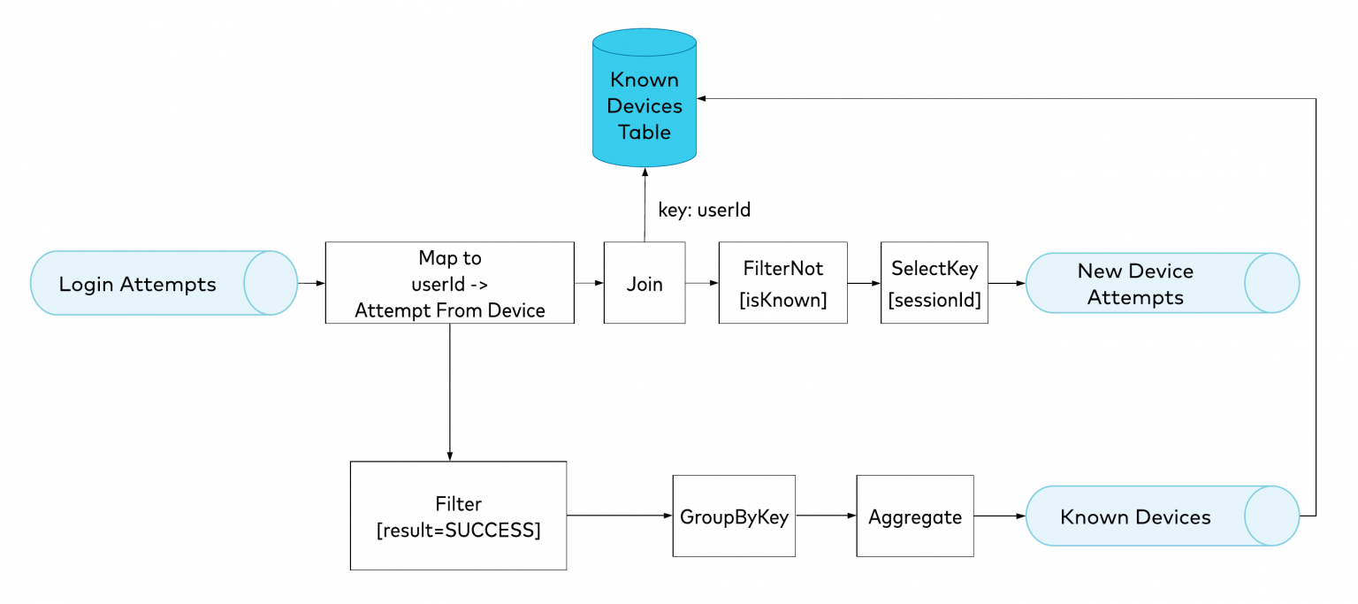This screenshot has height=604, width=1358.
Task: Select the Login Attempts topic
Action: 164,283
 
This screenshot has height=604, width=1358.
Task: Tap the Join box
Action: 645,283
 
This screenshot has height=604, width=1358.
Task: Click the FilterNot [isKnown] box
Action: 782,283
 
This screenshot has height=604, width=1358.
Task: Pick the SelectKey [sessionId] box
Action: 934,283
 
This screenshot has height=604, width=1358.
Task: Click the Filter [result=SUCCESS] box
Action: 458,516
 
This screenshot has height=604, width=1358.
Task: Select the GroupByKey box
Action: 734,516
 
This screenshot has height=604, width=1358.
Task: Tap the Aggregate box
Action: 915,516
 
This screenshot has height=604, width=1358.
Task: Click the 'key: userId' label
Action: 704,210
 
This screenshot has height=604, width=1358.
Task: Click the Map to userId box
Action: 449,283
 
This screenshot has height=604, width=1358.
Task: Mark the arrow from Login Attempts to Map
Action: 311,283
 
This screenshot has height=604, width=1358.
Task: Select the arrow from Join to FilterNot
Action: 702,283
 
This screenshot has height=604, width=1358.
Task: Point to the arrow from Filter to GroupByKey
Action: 619,516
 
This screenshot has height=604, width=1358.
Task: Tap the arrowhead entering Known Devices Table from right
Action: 704,98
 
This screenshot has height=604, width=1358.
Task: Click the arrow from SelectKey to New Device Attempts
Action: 1006,283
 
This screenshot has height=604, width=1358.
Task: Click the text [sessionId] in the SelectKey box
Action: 935,300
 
